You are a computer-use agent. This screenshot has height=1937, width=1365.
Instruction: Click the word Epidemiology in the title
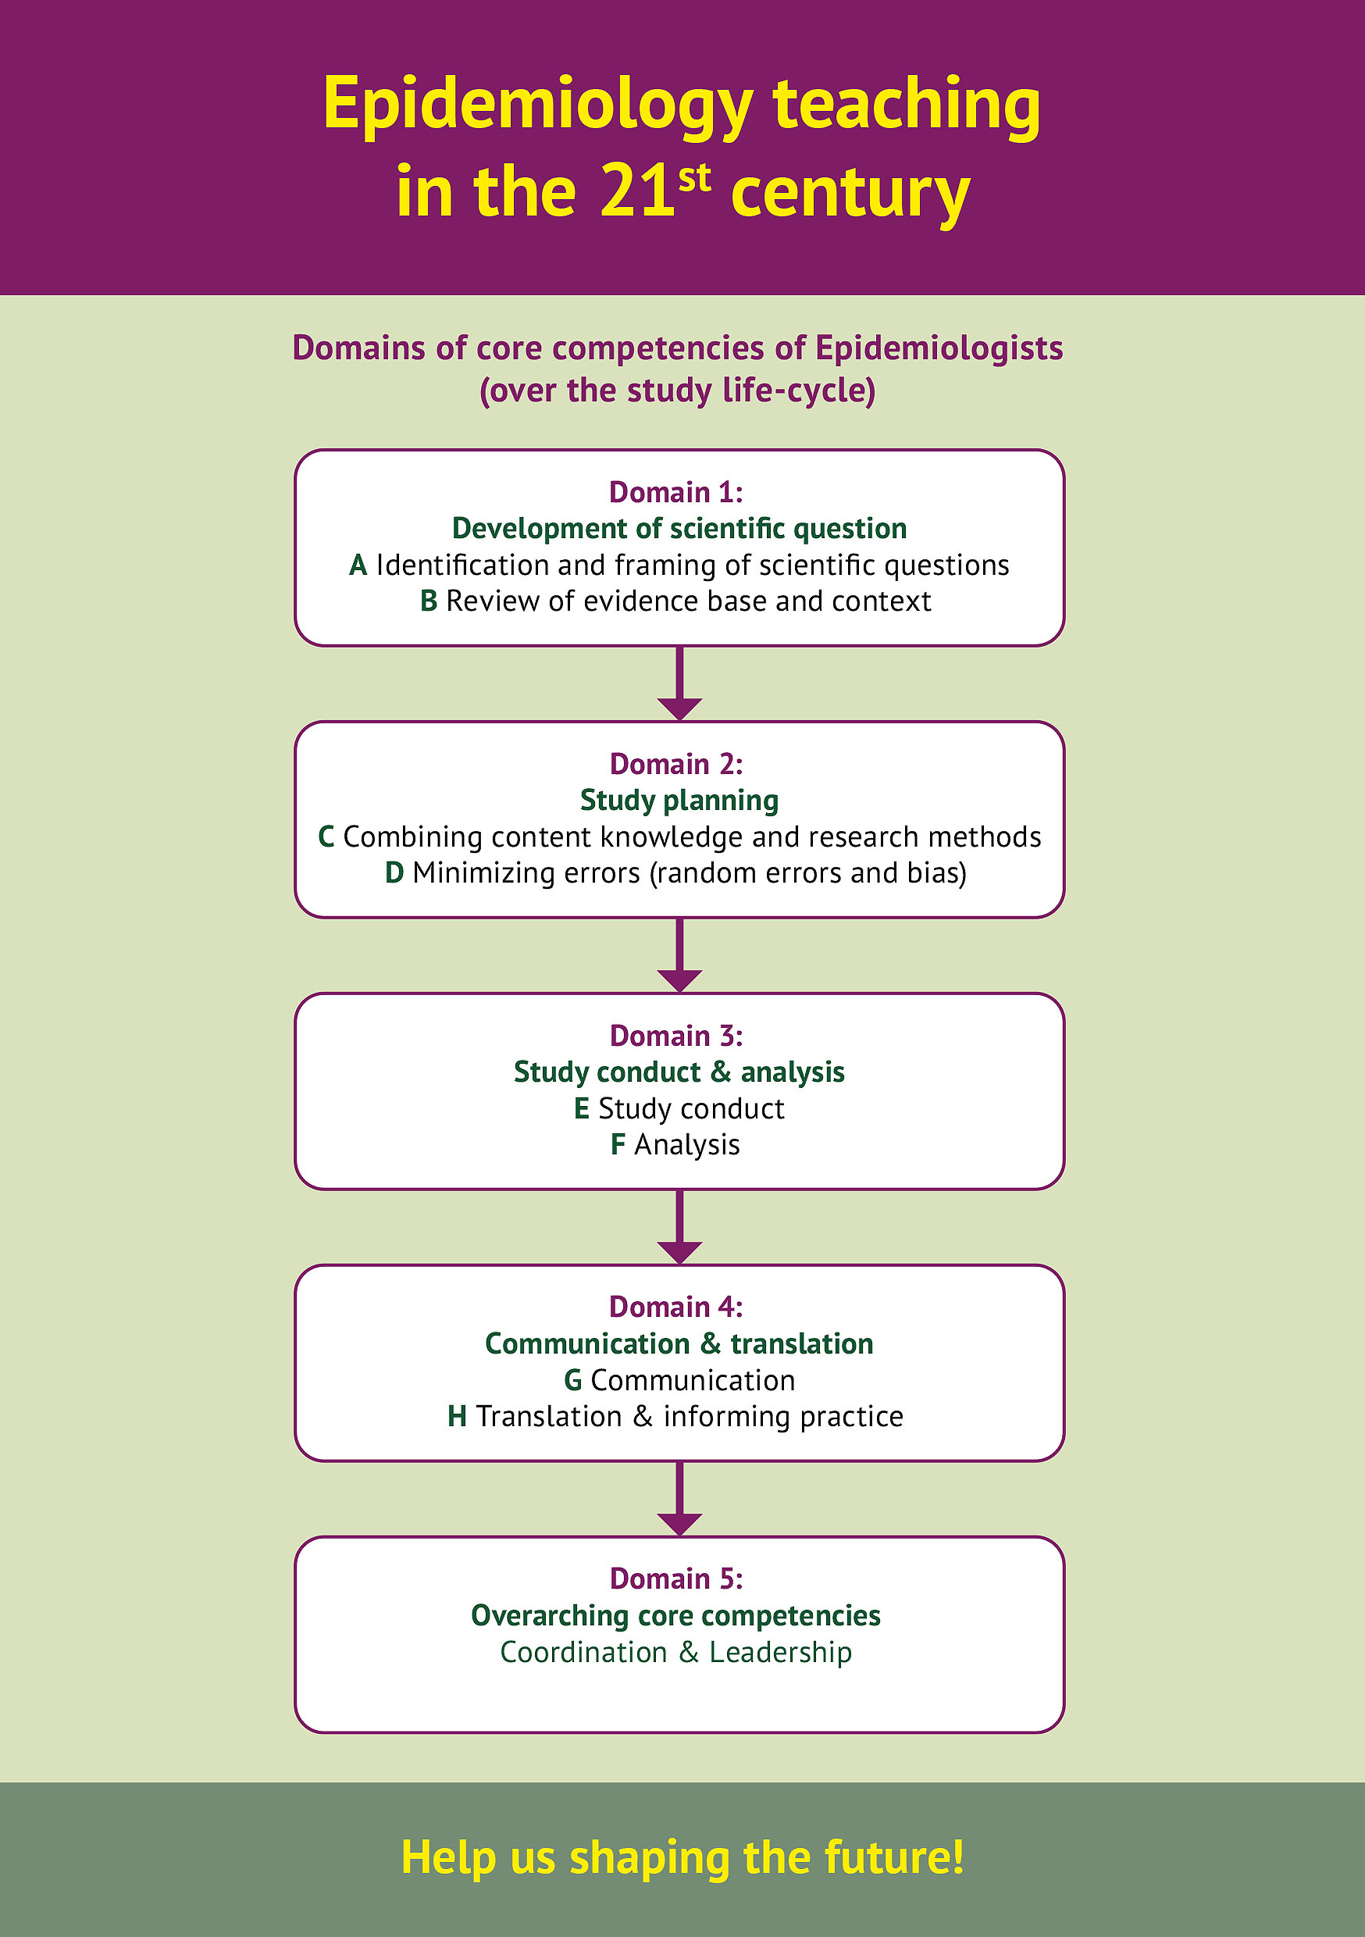click(537, 105)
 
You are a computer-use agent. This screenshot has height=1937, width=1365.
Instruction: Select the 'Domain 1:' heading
click(676, 492)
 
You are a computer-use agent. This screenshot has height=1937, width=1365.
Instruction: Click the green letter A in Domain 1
click(358, 565)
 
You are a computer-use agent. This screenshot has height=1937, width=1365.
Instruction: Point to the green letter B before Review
click(429, 601)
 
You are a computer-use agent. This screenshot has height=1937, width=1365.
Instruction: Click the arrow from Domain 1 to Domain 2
click(679, 683)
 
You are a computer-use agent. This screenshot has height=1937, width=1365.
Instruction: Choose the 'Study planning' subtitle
click(679, 800)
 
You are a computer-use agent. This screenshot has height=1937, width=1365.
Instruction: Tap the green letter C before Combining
click(326, 837)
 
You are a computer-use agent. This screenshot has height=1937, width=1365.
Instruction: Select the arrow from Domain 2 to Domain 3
click(679, 955)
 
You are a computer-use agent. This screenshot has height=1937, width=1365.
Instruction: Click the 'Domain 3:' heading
click(676, 1035)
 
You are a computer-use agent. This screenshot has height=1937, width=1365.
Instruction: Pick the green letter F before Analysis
click(618, 1145)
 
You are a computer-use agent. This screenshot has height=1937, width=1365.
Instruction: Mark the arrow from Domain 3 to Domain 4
click(679, 1227)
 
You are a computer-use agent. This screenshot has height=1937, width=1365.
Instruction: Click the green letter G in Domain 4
click(573, 1381)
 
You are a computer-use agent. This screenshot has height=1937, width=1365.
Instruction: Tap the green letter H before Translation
click(458, 1417)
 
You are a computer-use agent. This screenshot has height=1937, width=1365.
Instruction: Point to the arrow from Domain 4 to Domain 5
click(679, 1498)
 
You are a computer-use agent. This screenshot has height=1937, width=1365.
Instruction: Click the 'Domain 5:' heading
click(676, 1578)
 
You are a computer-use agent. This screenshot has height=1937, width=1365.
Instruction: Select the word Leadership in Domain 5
click(779, 1652)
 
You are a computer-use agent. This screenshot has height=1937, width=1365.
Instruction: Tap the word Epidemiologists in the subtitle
click(938, 348)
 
